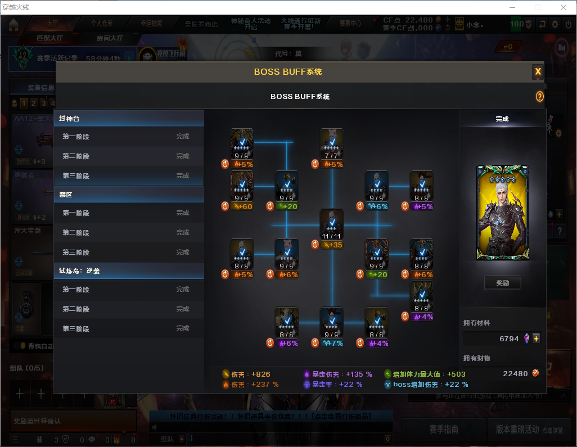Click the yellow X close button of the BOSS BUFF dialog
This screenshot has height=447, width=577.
point(538,71)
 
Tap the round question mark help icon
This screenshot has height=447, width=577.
point(539,97)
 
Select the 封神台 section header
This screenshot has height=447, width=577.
point(129,119)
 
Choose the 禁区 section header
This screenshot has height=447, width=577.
point(129,195)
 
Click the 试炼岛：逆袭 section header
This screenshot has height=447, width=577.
point(129,270)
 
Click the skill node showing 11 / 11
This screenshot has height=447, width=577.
point(331,224)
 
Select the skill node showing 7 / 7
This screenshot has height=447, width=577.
point(331,143)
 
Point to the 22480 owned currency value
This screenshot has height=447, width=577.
point(515,374)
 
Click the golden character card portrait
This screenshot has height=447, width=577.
point(502,213)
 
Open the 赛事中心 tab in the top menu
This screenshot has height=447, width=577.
point(350,24)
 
